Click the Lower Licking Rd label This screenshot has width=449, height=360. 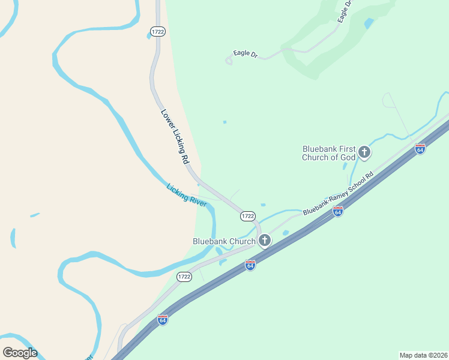175,137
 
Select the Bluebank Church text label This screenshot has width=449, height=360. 224,241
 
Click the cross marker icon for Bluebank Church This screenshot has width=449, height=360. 264,241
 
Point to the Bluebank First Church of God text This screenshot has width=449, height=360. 329,153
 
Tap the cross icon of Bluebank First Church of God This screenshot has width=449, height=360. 364,152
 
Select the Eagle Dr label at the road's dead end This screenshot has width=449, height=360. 246,54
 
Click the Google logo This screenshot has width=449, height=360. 20,353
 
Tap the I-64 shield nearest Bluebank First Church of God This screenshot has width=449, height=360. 420,149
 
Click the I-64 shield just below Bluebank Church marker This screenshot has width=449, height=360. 250,265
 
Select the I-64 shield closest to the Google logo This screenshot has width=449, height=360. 163,320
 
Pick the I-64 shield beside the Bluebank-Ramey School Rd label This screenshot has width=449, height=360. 338,211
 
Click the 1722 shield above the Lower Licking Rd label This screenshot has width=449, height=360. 157,31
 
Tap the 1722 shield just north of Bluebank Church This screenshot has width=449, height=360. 247,215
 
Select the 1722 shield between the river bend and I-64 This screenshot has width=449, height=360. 184,277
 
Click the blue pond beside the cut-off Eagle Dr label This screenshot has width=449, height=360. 369,23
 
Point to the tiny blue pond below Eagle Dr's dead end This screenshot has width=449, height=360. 225,122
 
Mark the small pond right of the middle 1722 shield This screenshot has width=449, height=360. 263,205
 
